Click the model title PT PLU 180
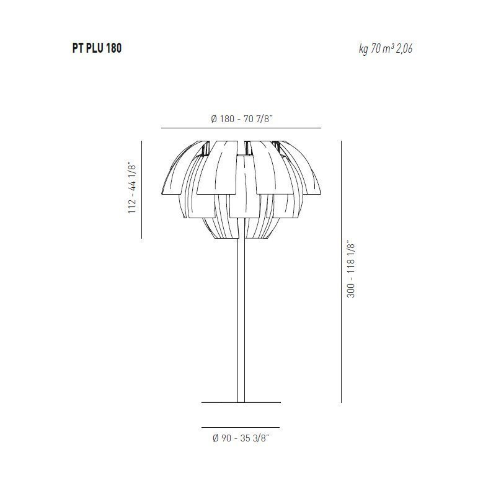(97, 48)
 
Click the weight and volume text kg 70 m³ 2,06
(385, 49)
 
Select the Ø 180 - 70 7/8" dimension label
(242, 118)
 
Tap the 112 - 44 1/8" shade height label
(131, 188)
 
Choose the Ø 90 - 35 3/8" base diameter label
(241, 438)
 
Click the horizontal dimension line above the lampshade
(241, 128)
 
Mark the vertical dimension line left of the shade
(142, 189)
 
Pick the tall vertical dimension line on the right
(341, 272)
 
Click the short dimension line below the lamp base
(241, 428)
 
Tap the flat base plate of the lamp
(241, 402)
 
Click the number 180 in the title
(113, 48)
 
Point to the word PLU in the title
(93, 48)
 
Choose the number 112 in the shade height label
(131, 206)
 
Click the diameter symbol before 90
(215, 438)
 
